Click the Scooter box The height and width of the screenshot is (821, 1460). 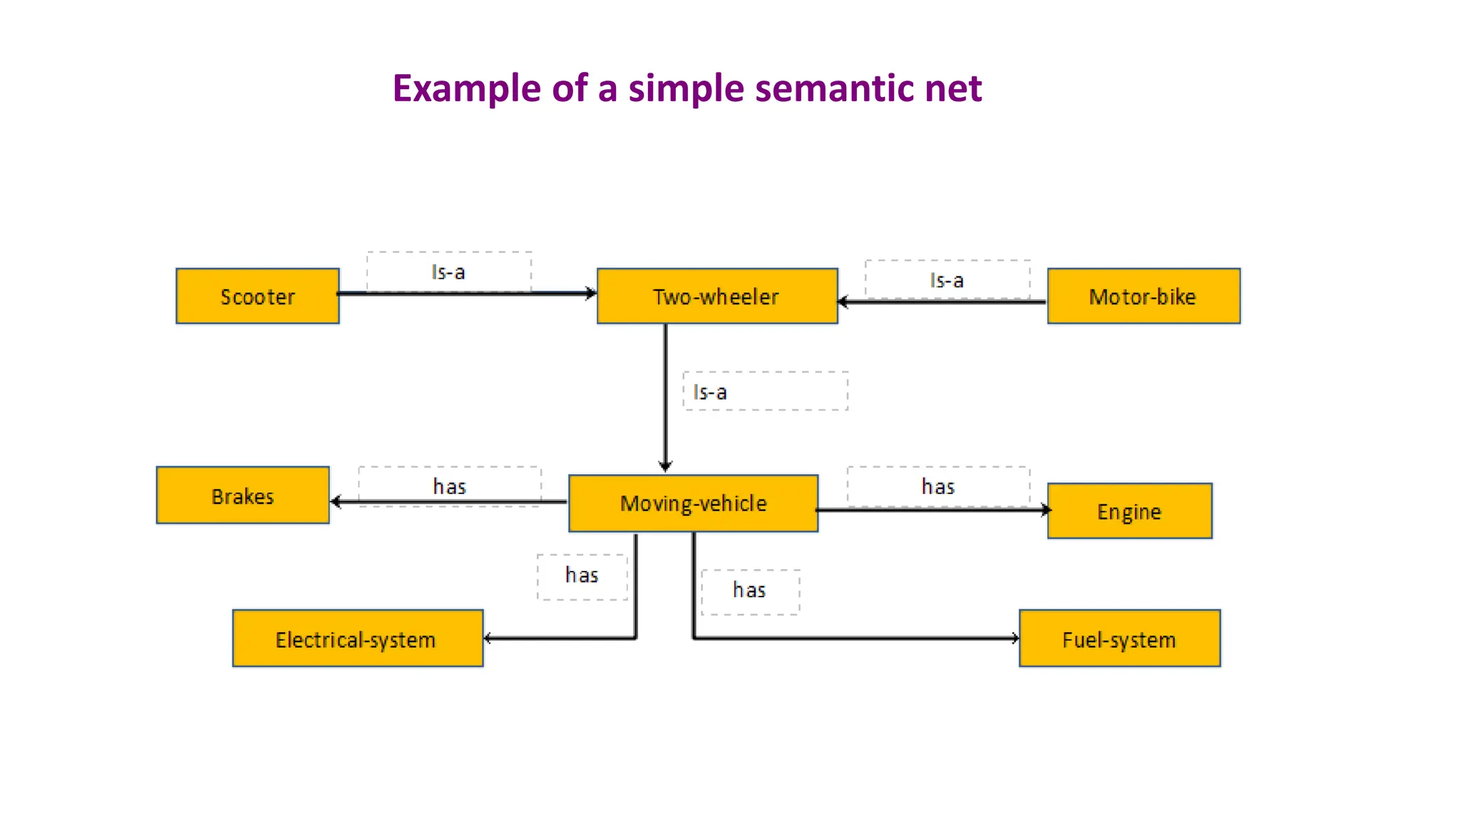[x=257, y=296]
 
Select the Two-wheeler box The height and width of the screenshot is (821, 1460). [x=716, y=296]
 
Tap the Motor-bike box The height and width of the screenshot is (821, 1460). [x=1143, y=296]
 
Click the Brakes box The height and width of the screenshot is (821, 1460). [x=242, y=496]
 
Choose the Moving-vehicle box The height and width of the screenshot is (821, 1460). [x=693, y=504]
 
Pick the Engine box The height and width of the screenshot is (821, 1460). [x=1129, y=512]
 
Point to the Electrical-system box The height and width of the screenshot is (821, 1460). [x=357, y=639]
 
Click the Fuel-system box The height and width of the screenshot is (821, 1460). [x=1119, y=639]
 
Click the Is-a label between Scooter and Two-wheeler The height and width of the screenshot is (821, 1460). [x=448, y=272]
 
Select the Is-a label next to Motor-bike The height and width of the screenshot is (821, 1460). [x=947, y=281]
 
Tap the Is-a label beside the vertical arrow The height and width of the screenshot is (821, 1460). [x=710, y=392]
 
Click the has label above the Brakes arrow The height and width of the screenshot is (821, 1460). [x=449, y=487]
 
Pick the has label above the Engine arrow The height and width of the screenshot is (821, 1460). [x=937, y=487]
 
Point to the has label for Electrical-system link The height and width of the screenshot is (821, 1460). [x=582, y=575]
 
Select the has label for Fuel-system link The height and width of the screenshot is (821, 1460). [x=749, y=590]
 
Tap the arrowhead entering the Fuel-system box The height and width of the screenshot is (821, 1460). [x=1015, y=639]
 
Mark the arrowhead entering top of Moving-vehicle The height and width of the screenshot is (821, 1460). [x=665, y=467]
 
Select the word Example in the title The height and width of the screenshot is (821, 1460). [x=467, y=88]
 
